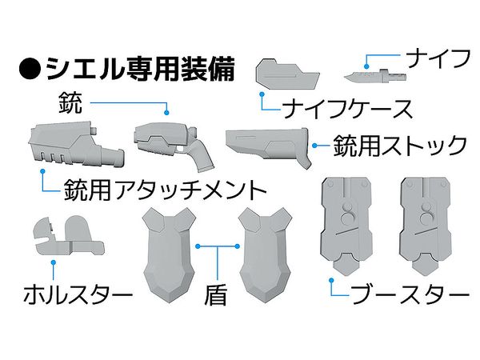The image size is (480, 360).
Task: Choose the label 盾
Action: coord(217,294)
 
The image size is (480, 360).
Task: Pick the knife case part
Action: coord(287,74)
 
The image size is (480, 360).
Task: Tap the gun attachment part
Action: coord(75,144)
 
